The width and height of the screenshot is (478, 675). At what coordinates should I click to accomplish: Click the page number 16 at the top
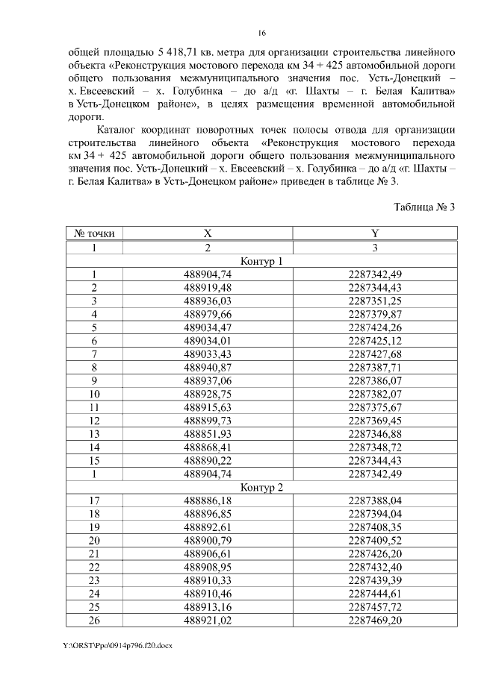click(261, 33)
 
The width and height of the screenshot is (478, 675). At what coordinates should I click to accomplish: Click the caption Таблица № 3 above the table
click(424, 207)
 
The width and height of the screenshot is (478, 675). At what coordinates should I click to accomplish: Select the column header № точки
click(95, 234)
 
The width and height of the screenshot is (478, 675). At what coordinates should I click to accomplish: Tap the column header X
click(208, 234)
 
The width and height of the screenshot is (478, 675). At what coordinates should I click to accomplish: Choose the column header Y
click(375, 234)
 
